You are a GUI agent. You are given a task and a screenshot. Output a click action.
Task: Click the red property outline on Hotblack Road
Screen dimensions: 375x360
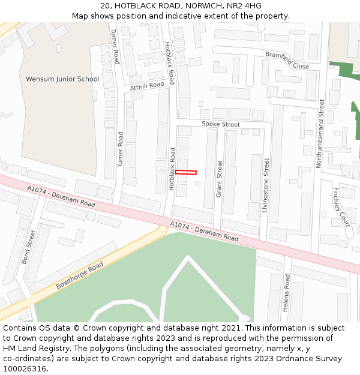(186, 173)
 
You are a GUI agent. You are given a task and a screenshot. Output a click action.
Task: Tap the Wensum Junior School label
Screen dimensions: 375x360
(62, 79)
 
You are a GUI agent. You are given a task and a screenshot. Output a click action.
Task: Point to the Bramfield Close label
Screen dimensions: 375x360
(287, 60)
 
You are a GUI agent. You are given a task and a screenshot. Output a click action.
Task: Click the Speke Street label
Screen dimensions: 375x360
(220, 124)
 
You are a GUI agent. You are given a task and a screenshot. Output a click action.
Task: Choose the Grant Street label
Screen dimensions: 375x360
(220, 179)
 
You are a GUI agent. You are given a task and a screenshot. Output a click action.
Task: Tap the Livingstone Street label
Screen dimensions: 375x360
(266, 185)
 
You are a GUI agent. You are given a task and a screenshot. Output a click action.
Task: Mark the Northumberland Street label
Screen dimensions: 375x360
(320, 133)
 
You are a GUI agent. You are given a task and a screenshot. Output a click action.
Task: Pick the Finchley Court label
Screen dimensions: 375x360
(340, 207)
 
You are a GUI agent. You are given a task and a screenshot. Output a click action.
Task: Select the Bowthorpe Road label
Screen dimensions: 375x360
(80, 275)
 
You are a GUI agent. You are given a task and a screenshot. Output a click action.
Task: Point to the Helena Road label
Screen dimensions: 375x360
(287, 293)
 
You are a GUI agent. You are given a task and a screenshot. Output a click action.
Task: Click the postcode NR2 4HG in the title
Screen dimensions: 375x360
(244, 6)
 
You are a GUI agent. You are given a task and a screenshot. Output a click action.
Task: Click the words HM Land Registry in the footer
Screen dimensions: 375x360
(34, 349)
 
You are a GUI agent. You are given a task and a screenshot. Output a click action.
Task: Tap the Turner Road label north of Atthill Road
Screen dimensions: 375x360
(115, 47)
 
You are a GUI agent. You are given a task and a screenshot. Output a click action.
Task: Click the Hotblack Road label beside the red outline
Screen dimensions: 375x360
(172, 169)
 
